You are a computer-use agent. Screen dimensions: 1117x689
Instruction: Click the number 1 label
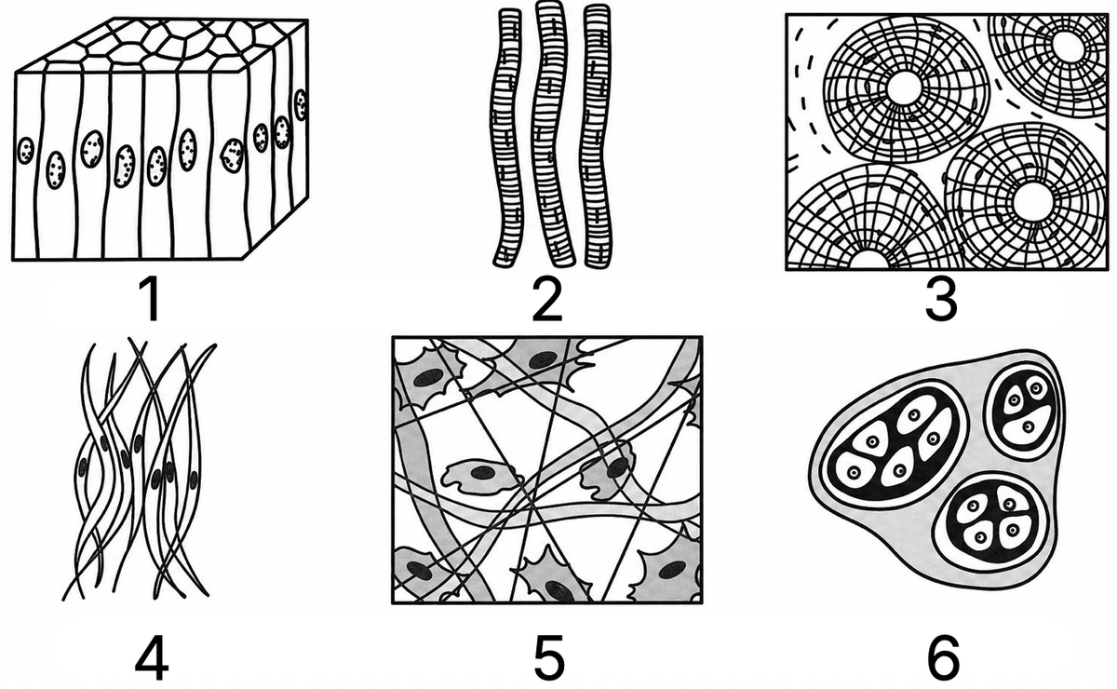[152, 300]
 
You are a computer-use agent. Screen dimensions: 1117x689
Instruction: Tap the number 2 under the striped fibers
[547, 300]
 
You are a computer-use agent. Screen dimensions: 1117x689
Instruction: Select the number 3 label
[941, 300]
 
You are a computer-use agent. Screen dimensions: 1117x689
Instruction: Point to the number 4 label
[152, 657]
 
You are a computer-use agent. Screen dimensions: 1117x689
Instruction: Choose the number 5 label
[549, 657]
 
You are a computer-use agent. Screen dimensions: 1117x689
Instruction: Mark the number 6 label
[943, 657]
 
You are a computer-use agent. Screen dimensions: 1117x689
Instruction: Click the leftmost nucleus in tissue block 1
[25, 151]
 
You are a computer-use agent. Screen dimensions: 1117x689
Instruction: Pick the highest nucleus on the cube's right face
[300, 105]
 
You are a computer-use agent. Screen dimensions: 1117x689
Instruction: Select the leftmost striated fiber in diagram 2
[505, 137]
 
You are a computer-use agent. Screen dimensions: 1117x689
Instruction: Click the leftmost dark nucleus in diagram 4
[82, 467]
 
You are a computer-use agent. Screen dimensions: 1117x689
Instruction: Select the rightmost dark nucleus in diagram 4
[194, 480]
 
